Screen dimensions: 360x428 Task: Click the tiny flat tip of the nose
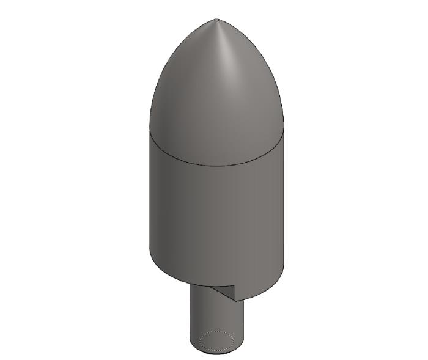217,20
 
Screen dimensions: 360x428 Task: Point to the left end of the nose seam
150,131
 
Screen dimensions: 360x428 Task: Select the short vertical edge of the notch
235,293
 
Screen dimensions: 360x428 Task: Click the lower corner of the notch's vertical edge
235,301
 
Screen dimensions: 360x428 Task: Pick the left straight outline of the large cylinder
150,196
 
